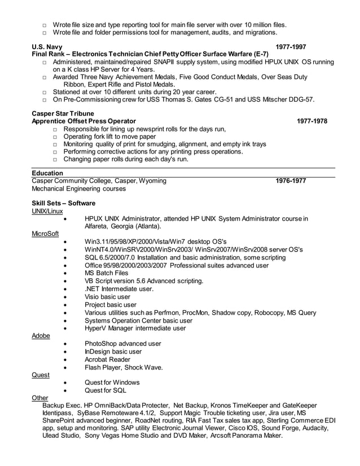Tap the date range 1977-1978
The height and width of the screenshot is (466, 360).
click(x=312, y=121)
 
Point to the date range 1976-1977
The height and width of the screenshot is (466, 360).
click(x=291, y=181)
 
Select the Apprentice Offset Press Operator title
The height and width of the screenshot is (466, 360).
click(x=84, y=121)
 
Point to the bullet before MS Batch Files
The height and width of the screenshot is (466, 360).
click(x=67, y=273)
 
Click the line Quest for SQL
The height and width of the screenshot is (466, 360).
click(x=106, y=390)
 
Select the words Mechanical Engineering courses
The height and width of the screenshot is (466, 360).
click(x=79, y=189)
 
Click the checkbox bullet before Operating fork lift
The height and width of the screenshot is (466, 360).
click(x=55, y=137)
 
